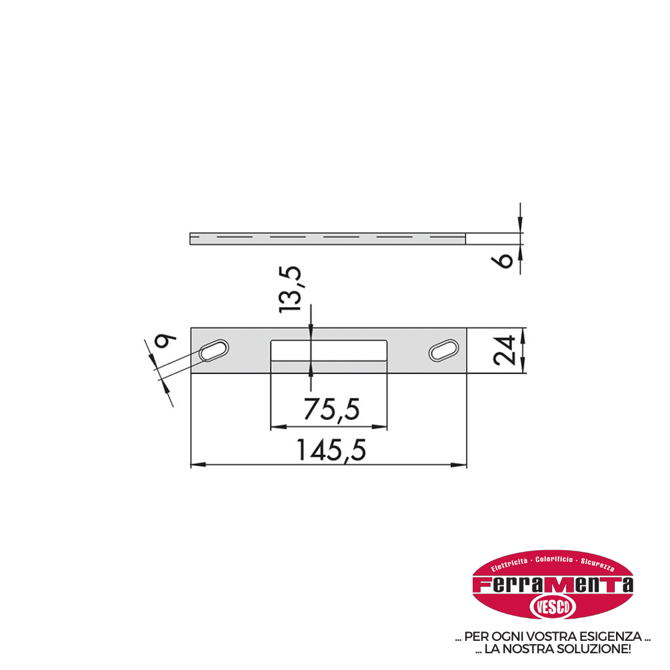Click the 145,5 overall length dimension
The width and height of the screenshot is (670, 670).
331,450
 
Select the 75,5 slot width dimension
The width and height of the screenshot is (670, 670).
331,409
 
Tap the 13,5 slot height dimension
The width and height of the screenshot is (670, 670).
290,290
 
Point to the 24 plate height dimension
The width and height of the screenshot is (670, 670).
504,351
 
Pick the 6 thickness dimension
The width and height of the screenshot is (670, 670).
504,260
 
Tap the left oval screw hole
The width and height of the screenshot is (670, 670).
214,351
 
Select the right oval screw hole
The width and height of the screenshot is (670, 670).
444,351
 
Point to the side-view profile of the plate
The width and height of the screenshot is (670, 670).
328,239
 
